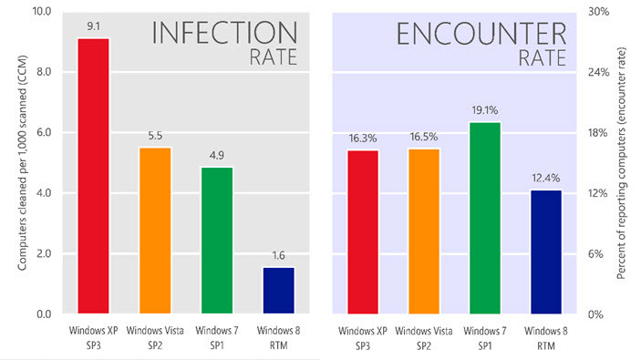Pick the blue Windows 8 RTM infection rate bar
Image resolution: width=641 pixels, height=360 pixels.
click(x=279, y=290)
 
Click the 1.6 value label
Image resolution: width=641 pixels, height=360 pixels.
click(x=279, y=255)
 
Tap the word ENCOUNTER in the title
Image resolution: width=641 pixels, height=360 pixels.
click(x=481, y=34)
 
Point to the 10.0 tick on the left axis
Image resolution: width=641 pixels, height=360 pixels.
click(x=37, y=12)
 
